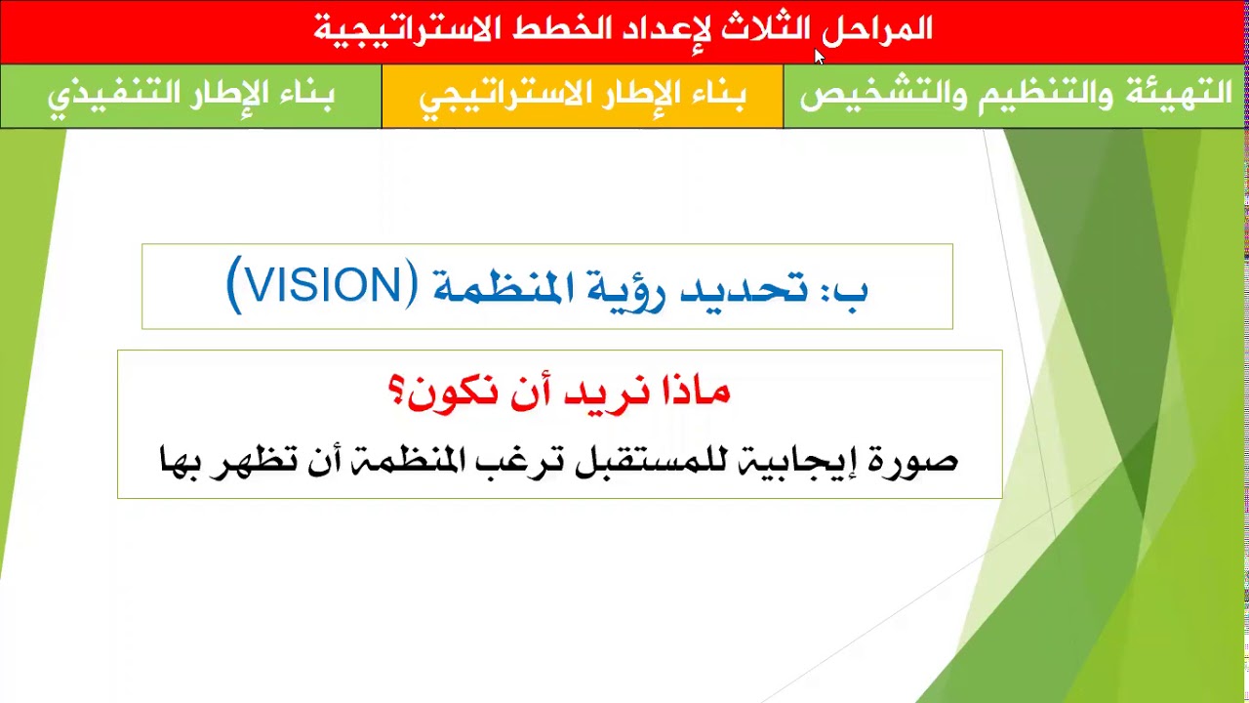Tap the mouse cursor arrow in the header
819,56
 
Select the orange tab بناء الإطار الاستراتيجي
583,96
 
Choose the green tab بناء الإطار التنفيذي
191,96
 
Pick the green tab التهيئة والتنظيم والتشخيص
1016,96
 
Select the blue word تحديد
744,288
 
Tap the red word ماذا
692,392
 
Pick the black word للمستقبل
634,460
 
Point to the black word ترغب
523,460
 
